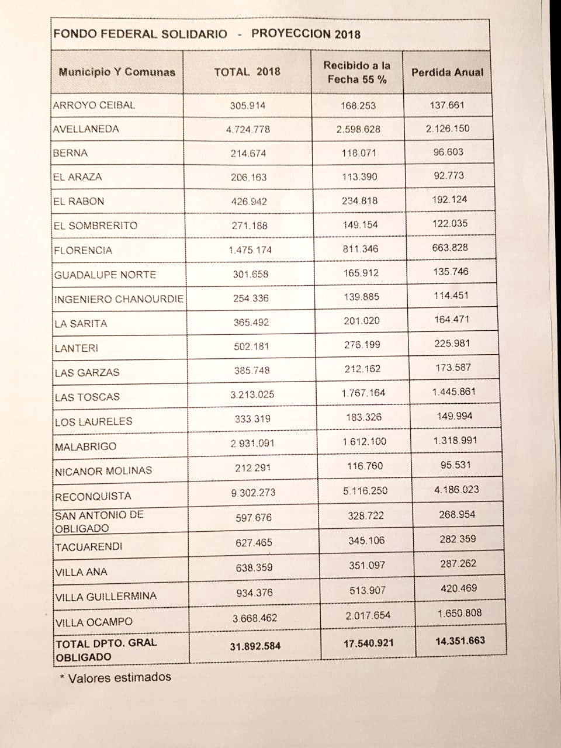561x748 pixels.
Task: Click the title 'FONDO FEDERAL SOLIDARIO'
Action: [x=140, y=33]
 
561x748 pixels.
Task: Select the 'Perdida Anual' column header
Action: [x=448, y=72]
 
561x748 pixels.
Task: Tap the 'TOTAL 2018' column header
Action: [x=247, y=72]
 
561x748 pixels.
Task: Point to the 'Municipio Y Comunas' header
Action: [x=117, y=72]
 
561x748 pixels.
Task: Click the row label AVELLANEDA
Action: [x=86, y=129]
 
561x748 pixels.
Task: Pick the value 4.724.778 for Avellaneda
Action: [x=248, y=129]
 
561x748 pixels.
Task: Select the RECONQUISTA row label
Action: [x=93, y=497]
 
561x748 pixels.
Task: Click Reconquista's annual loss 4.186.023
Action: [x=456, y=490]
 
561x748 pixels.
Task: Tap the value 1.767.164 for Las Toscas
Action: [x=363, y=393]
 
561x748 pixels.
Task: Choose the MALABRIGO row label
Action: [x=85, y=446]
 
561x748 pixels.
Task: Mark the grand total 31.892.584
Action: [x=255, y=646]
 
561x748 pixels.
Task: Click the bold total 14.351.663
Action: [x=460, y=640]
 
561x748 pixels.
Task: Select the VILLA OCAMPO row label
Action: [x=93, y=622]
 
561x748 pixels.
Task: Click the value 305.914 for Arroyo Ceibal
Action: [x=248, y=106]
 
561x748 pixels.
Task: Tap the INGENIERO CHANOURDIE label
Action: [x=119, y=299]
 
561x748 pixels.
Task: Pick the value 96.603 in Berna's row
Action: [x=448, y=152]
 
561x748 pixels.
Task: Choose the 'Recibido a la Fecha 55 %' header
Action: [x=357, y=72]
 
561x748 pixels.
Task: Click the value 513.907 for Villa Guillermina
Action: [x=368, y=590]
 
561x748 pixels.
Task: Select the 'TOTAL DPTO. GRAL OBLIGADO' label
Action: [x=106, y=649]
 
